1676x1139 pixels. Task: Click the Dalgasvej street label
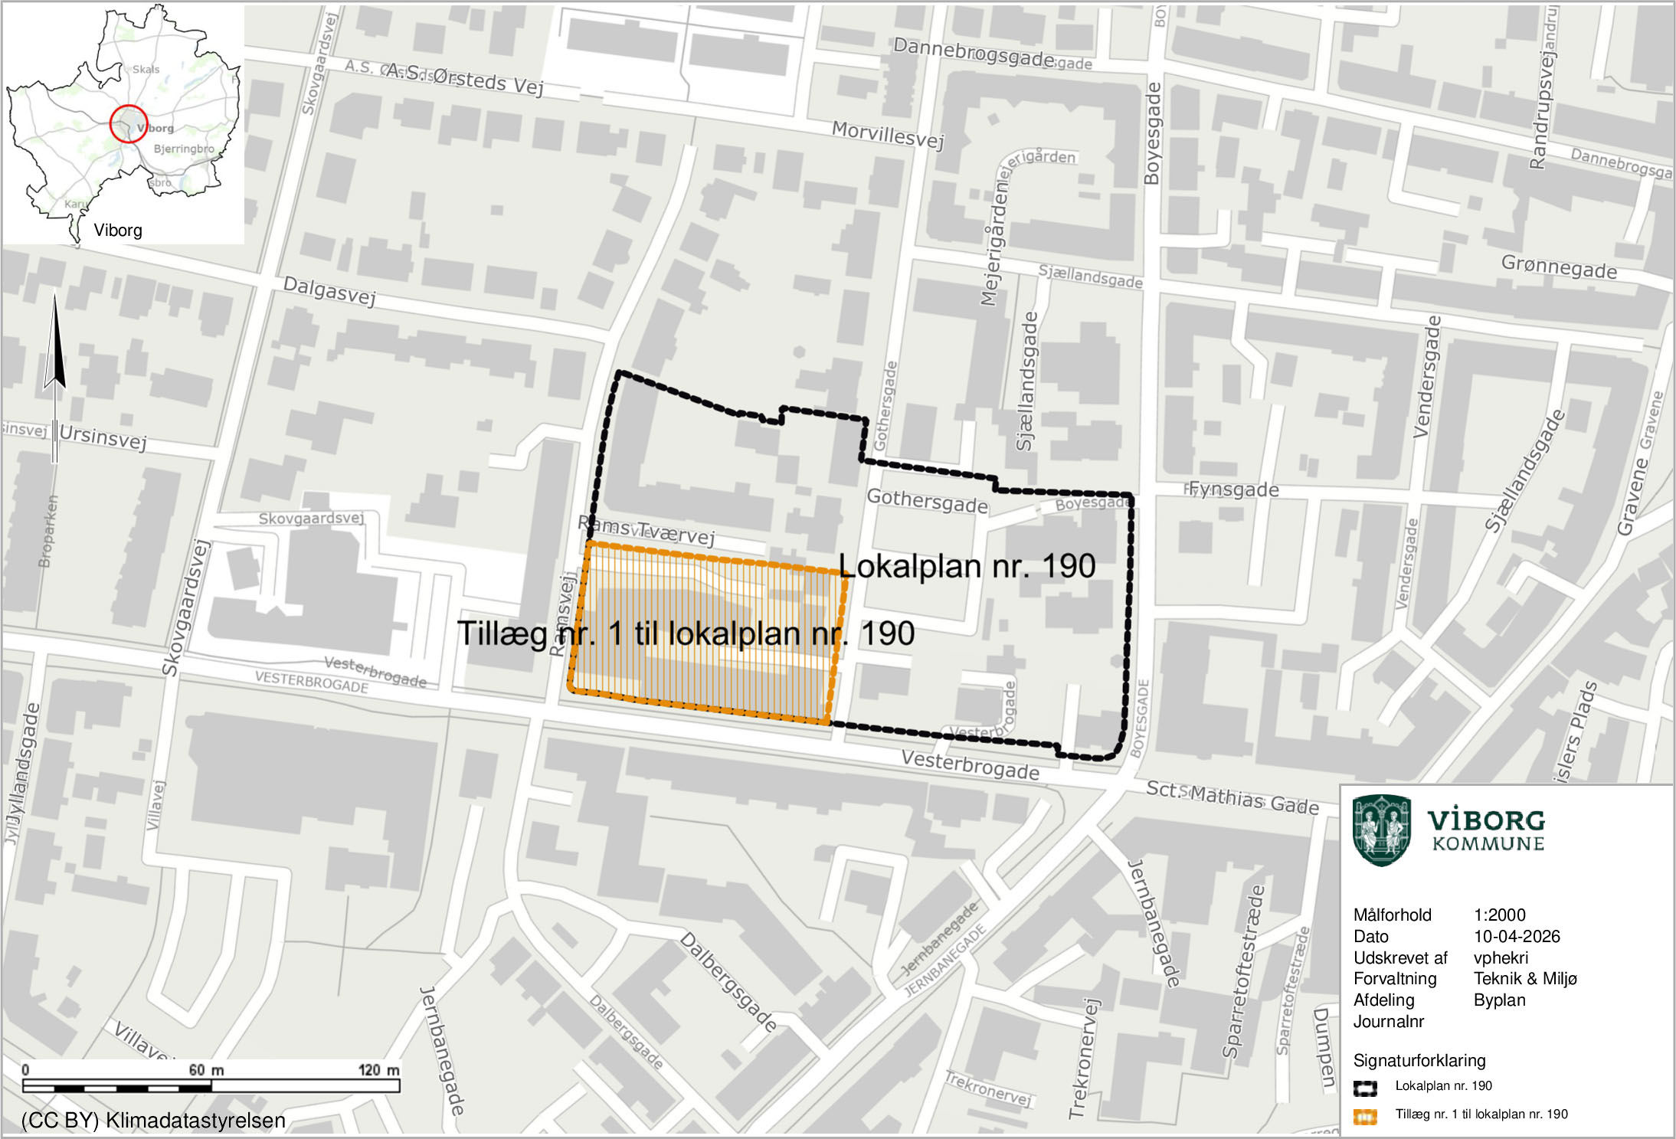tap(329, 290)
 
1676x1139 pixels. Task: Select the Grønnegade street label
tap(1559, 267)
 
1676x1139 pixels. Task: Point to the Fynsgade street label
tap(1234, 489)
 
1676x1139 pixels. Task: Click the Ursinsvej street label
tap(103, 437)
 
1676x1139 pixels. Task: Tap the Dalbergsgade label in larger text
tap(728, 981)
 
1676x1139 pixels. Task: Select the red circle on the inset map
tap(128, 123)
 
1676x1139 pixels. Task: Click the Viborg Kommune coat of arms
tap(1381, 830)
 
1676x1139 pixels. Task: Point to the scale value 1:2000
tap(1499, 915)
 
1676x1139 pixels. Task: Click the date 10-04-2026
tap(1516, 936)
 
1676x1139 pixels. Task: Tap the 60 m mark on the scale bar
tap(207, 1070)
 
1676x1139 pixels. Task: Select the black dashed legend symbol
tap(1365, 1088)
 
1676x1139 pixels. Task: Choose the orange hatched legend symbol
tap(1365, 1116)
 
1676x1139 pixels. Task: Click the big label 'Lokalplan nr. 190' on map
tap(967, 566)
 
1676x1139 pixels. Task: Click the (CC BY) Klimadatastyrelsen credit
tap(153, 1121)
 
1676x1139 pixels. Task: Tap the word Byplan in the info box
tap(1499, 1000)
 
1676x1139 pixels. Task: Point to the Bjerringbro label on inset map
tap(184, 149)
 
